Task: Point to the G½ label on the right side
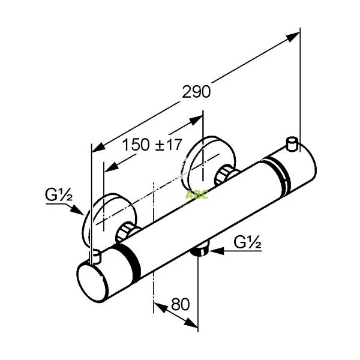point(246,242)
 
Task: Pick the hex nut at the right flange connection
point(227,175)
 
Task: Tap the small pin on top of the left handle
point(94,257)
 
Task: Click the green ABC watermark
point(197,195)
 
